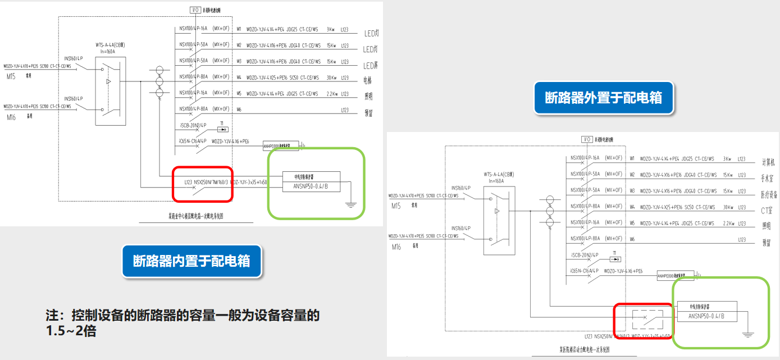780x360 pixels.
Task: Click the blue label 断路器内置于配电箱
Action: [x=191, y=261]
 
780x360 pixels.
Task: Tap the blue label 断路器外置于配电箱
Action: [x=603, y=98]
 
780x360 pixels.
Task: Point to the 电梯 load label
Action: [x=368, y=80]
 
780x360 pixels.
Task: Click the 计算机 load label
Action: [x=768, y=162]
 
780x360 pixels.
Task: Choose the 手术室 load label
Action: [x=768, y=179]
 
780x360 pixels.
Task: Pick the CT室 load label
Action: [x=767, y=211]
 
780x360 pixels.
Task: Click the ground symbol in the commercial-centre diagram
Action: [x=351, y=206]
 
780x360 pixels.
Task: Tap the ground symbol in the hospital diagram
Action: [x=747, y=335]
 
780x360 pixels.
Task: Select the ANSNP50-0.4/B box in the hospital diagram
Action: [x=705, y=317]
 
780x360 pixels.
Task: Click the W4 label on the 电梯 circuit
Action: [x=239, y=78]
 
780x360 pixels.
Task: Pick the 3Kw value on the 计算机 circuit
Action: [x=727, y=159]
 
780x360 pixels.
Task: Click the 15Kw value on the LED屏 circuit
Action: [x=331, y=62]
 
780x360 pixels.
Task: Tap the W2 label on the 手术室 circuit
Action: [x=632, y=175]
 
